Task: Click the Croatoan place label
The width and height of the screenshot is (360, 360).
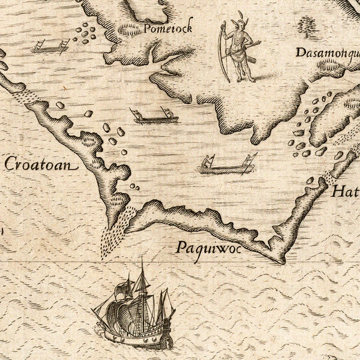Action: (41, 164)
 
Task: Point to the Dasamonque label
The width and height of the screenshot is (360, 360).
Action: (326, 53)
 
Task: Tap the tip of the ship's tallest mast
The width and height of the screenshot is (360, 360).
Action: (142, 260)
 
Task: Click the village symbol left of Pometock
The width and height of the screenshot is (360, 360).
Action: (128, 29)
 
